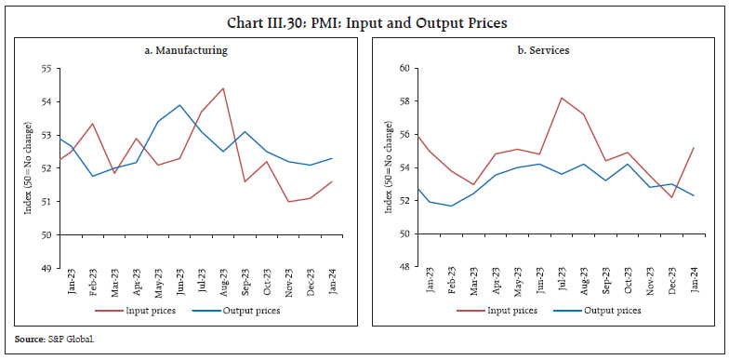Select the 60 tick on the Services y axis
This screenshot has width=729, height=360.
click(x=405, y=69)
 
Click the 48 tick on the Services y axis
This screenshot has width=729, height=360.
click(x=405, y=268)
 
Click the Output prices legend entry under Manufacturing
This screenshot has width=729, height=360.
click(x=237, y=310)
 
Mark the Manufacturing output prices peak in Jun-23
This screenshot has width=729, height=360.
click(x=179, y=105)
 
